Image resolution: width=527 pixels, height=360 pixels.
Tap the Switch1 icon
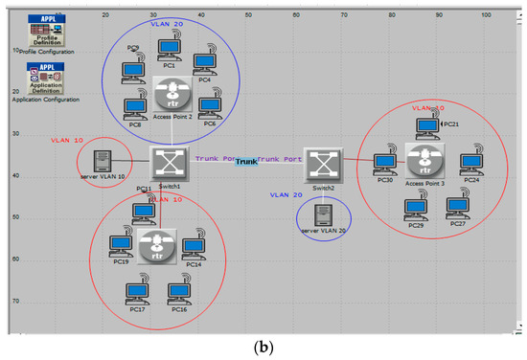click(x=169, y=166)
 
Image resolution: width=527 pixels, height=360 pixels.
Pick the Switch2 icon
click(x=323, y=167)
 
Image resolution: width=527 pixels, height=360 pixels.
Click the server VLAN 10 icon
click(x=101, y=164)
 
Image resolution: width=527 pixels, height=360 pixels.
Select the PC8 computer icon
click(x=133, y=107)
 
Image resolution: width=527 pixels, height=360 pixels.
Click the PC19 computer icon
click(x=120, y=245)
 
